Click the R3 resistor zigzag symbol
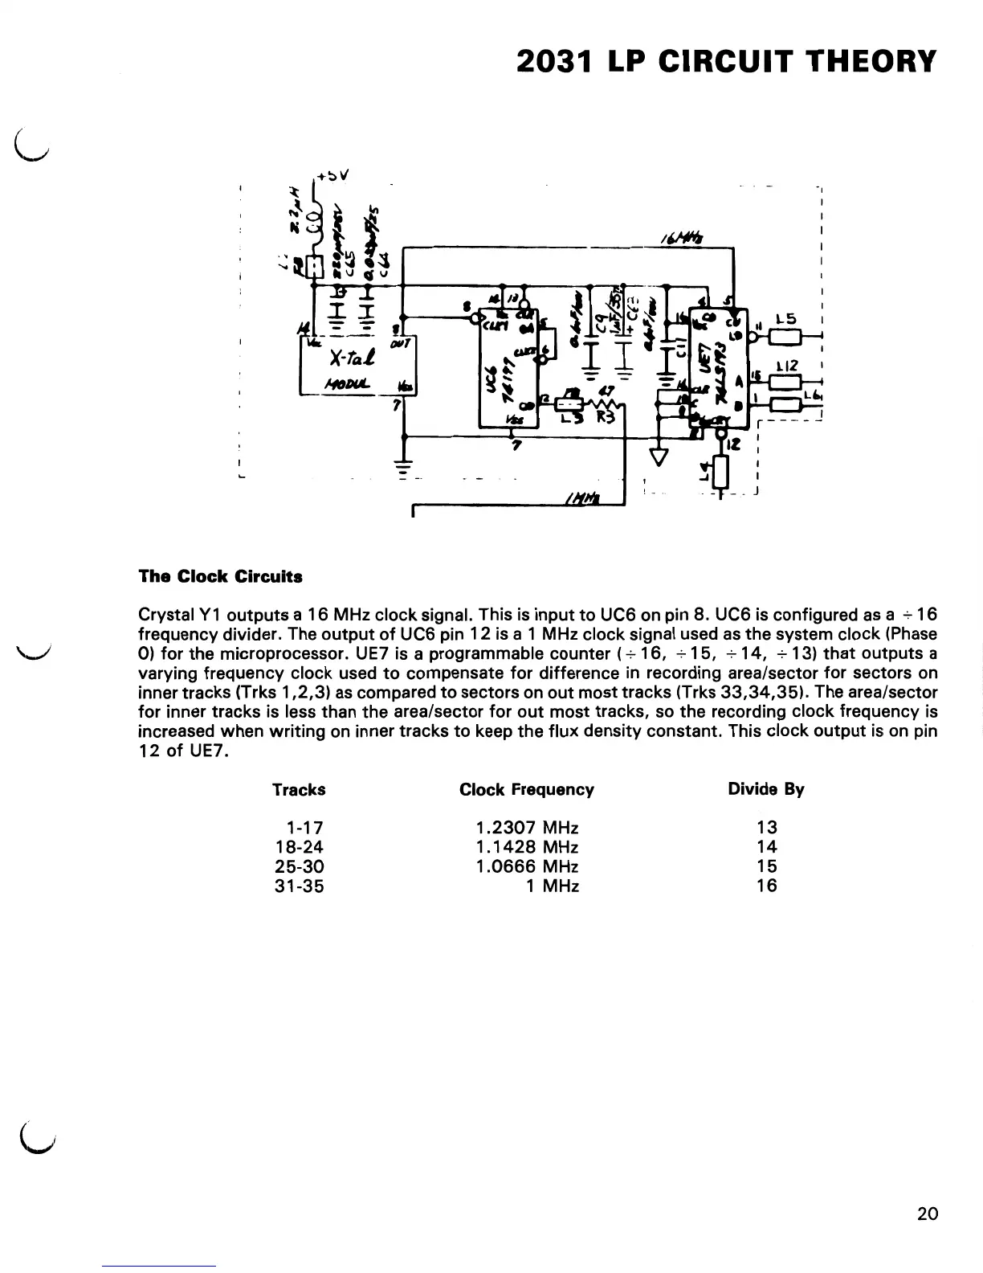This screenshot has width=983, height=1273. tap(603, 404)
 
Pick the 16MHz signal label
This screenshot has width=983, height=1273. tap(679, 236)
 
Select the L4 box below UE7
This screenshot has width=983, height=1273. tap(720, 472)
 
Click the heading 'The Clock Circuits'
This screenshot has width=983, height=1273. tap(220, 576)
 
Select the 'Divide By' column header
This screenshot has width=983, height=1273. tap(765, 789)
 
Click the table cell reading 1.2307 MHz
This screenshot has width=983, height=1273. tap(526, 827)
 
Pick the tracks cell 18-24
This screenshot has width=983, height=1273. tap(299, 846)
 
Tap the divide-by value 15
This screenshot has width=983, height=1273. tap(767, 866)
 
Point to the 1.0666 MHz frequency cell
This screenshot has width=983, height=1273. tap(526, 866)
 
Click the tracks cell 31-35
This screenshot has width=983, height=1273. tap(299, 886)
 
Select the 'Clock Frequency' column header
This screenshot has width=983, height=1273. tap(526, 789)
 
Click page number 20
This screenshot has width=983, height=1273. tap(926, 1214)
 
